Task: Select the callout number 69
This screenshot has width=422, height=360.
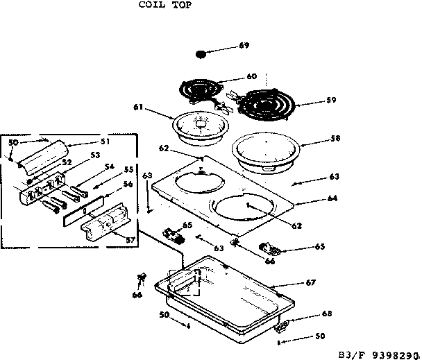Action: [244, 46]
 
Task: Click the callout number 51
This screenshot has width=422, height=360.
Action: [105, 142]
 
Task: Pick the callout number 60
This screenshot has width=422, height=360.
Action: [251, 76]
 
